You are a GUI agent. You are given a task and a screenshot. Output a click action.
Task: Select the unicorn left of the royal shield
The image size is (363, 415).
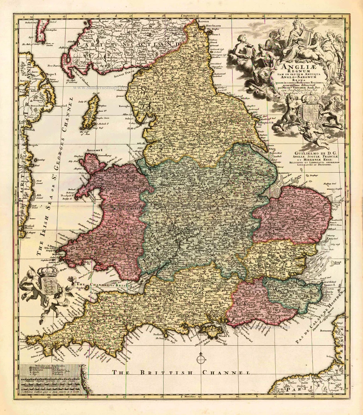[289, 110]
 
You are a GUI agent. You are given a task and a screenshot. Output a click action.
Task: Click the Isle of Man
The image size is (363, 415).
[91, 111]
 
